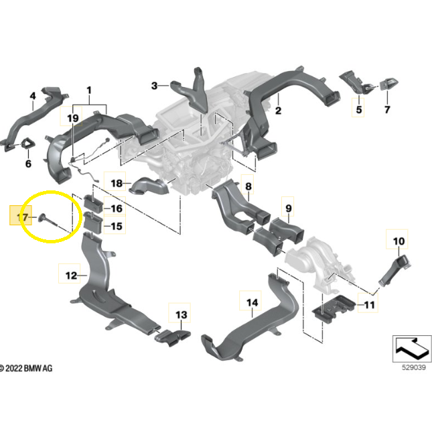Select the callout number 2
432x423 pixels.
coord(278,111)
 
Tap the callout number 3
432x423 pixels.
coord(154,86)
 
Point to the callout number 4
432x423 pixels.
coord(32,97)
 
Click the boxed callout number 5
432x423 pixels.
coord(358,109)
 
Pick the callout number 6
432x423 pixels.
coord(28,164)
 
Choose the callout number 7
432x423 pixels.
coord(386,109)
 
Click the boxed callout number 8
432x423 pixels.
coord(248,186)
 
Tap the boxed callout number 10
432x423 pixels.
coord(399,240)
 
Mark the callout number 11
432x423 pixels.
coord(368,306)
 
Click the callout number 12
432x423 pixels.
coord(71,275)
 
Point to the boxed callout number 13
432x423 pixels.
coord(182,314)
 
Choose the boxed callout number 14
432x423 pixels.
coord(251,304)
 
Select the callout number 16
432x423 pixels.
coord(117,208)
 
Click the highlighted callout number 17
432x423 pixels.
coord(22,218)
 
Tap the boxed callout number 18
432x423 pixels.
coord(117,183)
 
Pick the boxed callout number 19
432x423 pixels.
coord(72,119)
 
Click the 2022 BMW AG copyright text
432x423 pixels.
coord(27,368)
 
